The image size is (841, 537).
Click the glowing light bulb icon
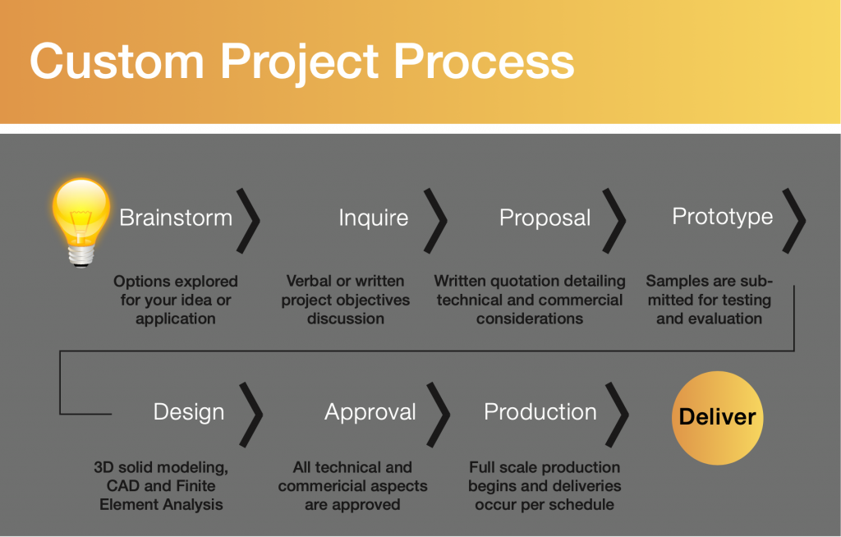pyautogui.click(x=81, y=222)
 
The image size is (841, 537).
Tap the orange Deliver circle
pyautogui.click(x=718, y=417)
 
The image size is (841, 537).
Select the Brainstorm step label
pyautogui.click(x=176, y=218)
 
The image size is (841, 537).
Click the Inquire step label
pyautogui.click(x=374, y=218)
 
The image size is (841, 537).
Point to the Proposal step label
pyautogui.click(x=545, y=218)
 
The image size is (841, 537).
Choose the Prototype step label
pyautogui.click(x=723, y=217)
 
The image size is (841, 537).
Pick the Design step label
pyautogui.click(x=189, y=412)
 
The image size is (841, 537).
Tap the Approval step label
pyautogui.click(x=370, y=412)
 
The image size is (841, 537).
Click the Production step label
pyautogui.click(x=540, y=412)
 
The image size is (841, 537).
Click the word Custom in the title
pyautogui.click(x=117, y=62)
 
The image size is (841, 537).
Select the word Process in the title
pyautogui.click(x=484, y=62)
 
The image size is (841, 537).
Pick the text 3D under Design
pyautogui.click(x=104, y=468)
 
